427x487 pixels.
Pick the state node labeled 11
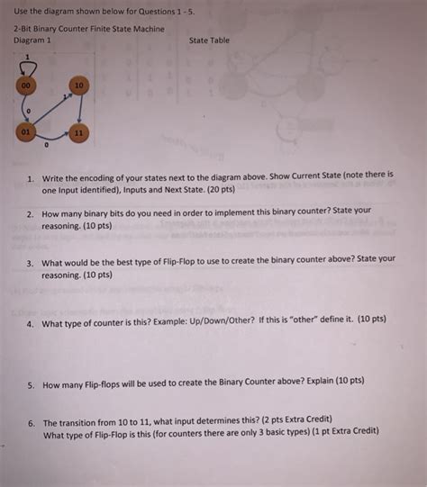coord(79,133)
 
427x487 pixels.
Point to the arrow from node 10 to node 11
coord(80,111)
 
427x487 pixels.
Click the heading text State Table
coord(209,41)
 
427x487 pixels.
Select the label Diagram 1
coord(32,41)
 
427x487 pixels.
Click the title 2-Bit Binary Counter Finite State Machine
coord(88,30)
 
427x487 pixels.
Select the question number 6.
coord(30,421)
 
